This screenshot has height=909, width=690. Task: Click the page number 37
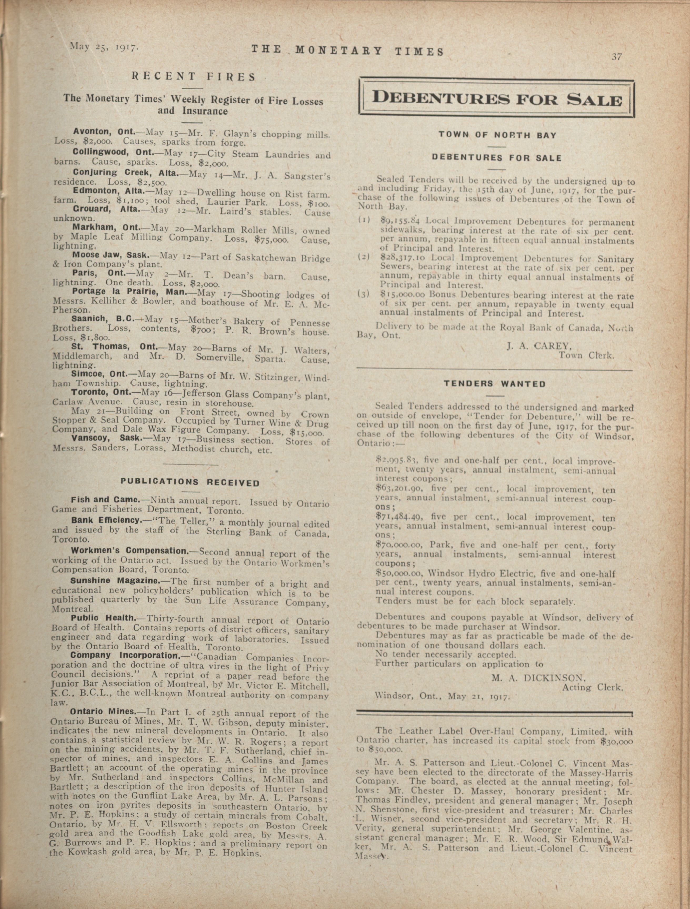(x=617, y=57)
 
